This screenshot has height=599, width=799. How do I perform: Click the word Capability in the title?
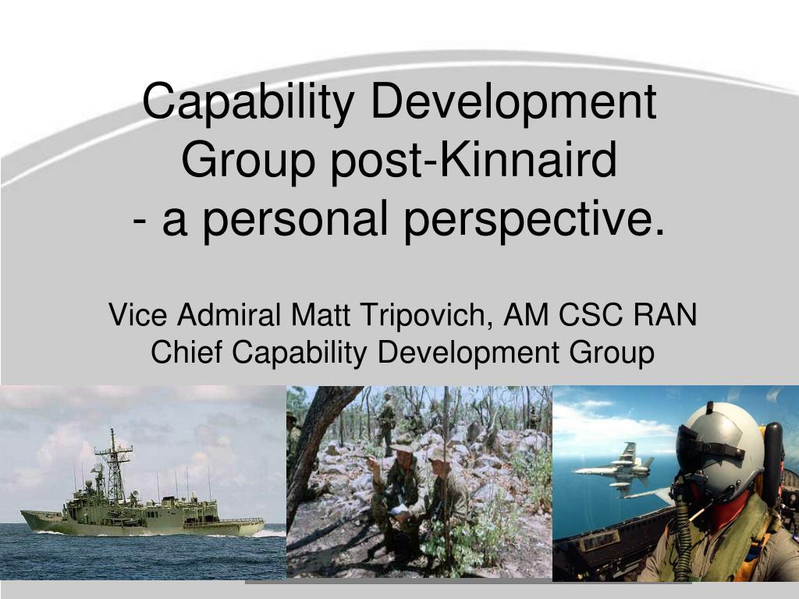[x=248, y=101]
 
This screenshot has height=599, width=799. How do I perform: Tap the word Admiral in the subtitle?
[x=229, y=314]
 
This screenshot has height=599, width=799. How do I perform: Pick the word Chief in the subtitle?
[x=186, y=352]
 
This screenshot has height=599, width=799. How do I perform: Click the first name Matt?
[x=320, y=315]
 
